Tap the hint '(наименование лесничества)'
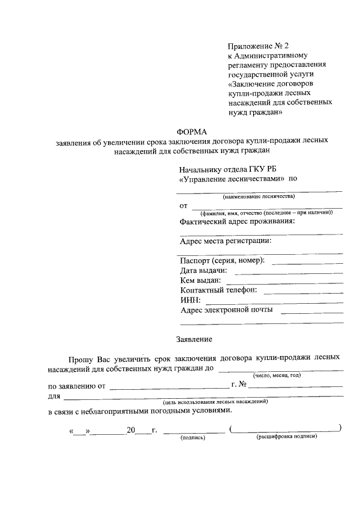(258, 196)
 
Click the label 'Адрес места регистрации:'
(226, 241)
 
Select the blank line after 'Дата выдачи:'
(287, 272)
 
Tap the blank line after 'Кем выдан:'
(284, 282)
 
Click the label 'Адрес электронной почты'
(227, 310)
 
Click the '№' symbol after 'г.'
(244, 385)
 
